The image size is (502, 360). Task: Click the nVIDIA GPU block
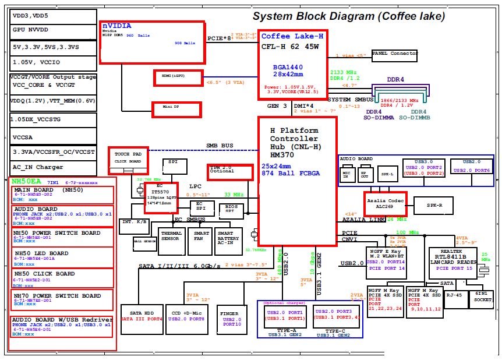pyautogui.click(x=153, y=42)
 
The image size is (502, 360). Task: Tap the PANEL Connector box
pyautogui.click(x=395, y=54)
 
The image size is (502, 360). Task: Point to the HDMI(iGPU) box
pyautogui.click(x=178, y=77)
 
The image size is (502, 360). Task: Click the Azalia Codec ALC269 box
pyautogui.click(x=385, y=204)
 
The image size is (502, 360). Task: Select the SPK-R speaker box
pyautogui.click(x=432, y=205)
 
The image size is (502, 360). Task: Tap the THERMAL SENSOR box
pyautogui.click(x=171, y=239)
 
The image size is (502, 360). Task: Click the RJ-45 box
pyautogui.click(x=454, y=295)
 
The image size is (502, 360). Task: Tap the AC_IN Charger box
pyautogui.click(x=53, y=167)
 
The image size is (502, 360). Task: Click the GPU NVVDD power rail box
pyautogui.click(x=53, y=29)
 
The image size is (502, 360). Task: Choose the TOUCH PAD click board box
pyautogui.click(x=128, y=157)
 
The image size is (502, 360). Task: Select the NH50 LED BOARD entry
pyautogui.click(x=63, y=256)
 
